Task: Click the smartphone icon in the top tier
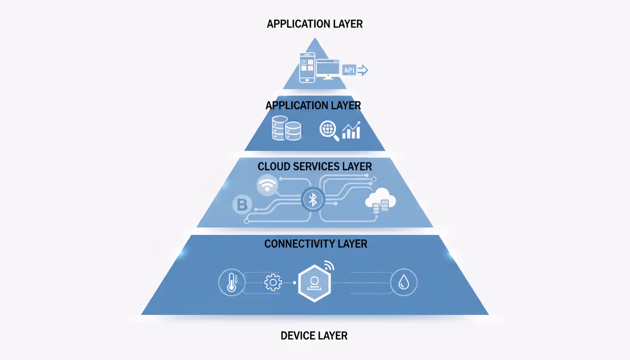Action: click(x=307, y=68)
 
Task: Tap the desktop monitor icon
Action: click(x=328, y=69)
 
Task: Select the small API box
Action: click(x=349, y=70)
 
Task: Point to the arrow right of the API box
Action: click(x=363, y=70)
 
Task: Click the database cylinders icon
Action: click(x=286, y=128)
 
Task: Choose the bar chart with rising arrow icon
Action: click(x=351, y=130)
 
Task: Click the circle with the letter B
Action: click(x=242, y=205)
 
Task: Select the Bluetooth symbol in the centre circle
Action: click(x=313, y=200)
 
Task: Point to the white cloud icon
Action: click(x=381, y=201)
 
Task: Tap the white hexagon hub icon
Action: click(x=315, y=283)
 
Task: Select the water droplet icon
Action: click(x=404, y=283)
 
